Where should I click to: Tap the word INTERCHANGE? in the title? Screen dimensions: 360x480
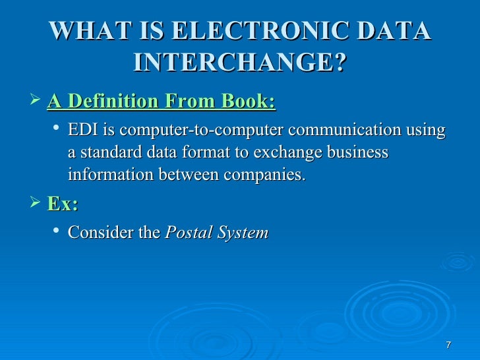point(239,63)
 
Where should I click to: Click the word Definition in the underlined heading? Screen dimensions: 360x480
point(113,102)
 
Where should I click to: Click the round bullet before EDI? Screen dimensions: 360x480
point(57,130)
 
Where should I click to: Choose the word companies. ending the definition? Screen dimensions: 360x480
point(267,175)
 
